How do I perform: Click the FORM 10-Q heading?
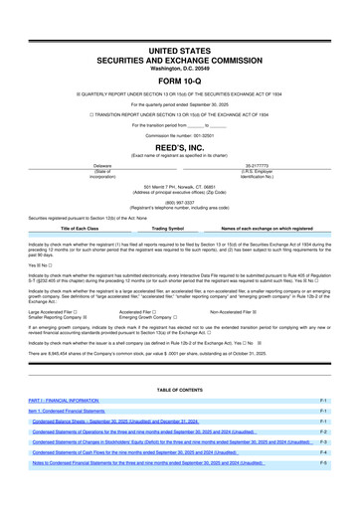pyautogui.click(x=179, y=82)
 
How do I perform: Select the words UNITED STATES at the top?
pyautogui.click(x=179, y=49)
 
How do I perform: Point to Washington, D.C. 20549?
pyautogui.click(x=179, y=67)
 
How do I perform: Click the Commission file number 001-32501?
pyautogui.click(x=179, y=135)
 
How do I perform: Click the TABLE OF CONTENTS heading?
pyautogui.click(x=179, y=389)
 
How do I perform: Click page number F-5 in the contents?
pyautogui.click(x=324, y=463)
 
